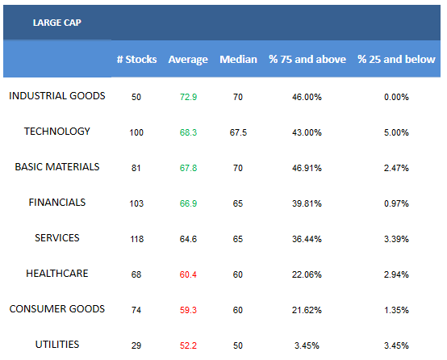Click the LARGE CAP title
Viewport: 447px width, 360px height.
(x=57, y=23)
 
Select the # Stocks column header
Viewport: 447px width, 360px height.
(x=137, y=60)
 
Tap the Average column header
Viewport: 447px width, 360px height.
(x=188, y=60)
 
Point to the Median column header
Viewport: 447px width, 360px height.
(x=238, y=60)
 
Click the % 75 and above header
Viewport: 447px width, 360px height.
(x=307, y=60)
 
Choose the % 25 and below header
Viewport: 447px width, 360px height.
(x=396, y=60)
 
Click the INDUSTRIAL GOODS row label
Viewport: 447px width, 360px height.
(x=57, y=96)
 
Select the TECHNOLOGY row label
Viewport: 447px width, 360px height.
(x=57, y=132)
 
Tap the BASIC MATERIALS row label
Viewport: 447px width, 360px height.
(x=57, y=167)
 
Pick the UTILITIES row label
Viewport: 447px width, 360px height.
(x=57, y=345)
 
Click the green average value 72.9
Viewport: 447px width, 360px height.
(x=188, y=97)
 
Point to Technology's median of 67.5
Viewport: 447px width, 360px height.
(x=238, y=132)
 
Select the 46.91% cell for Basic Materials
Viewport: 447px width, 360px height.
(x=307, y=168)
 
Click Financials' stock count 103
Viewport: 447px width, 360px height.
(x=136, y=203)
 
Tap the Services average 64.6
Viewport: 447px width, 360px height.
(x=188, y=239)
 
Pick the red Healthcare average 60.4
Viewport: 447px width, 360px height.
(x=188, y=274)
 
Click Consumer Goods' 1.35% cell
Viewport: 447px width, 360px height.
(x=396, y=310)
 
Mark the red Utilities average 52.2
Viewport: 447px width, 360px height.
(x=188, y=345)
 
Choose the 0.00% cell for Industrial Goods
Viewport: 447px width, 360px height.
(x=396, y=97)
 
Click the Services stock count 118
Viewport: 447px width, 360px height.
(x=136, y=239)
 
